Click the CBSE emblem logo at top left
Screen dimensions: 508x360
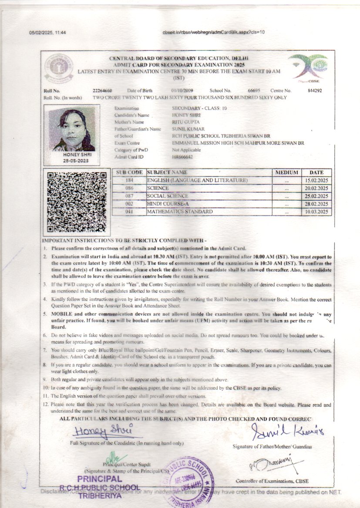59,68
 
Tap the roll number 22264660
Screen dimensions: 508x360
102,90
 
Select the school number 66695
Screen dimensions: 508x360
254,90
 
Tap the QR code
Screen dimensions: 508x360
77,201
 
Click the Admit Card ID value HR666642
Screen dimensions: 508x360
182,157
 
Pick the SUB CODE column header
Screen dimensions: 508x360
129,173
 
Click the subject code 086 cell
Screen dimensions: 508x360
129,188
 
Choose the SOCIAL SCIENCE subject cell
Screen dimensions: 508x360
168,196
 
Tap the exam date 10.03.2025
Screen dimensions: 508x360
316,212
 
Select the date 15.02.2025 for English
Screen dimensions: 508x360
316,180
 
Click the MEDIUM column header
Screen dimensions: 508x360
286,173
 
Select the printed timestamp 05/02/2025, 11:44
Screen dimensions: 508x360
47,33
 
